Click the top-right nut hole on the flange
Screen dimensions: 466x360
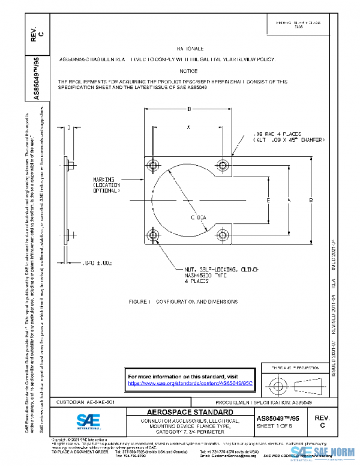[224, 165]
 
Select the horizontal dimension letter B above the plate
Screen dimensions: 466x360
[189, 109]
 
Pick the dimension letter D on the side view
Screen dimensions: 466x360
[69, 127]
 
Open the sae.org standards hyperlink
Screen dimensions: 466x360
[190, 383]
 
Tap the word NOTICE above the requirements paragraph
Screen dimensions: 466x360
[188, 70]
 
